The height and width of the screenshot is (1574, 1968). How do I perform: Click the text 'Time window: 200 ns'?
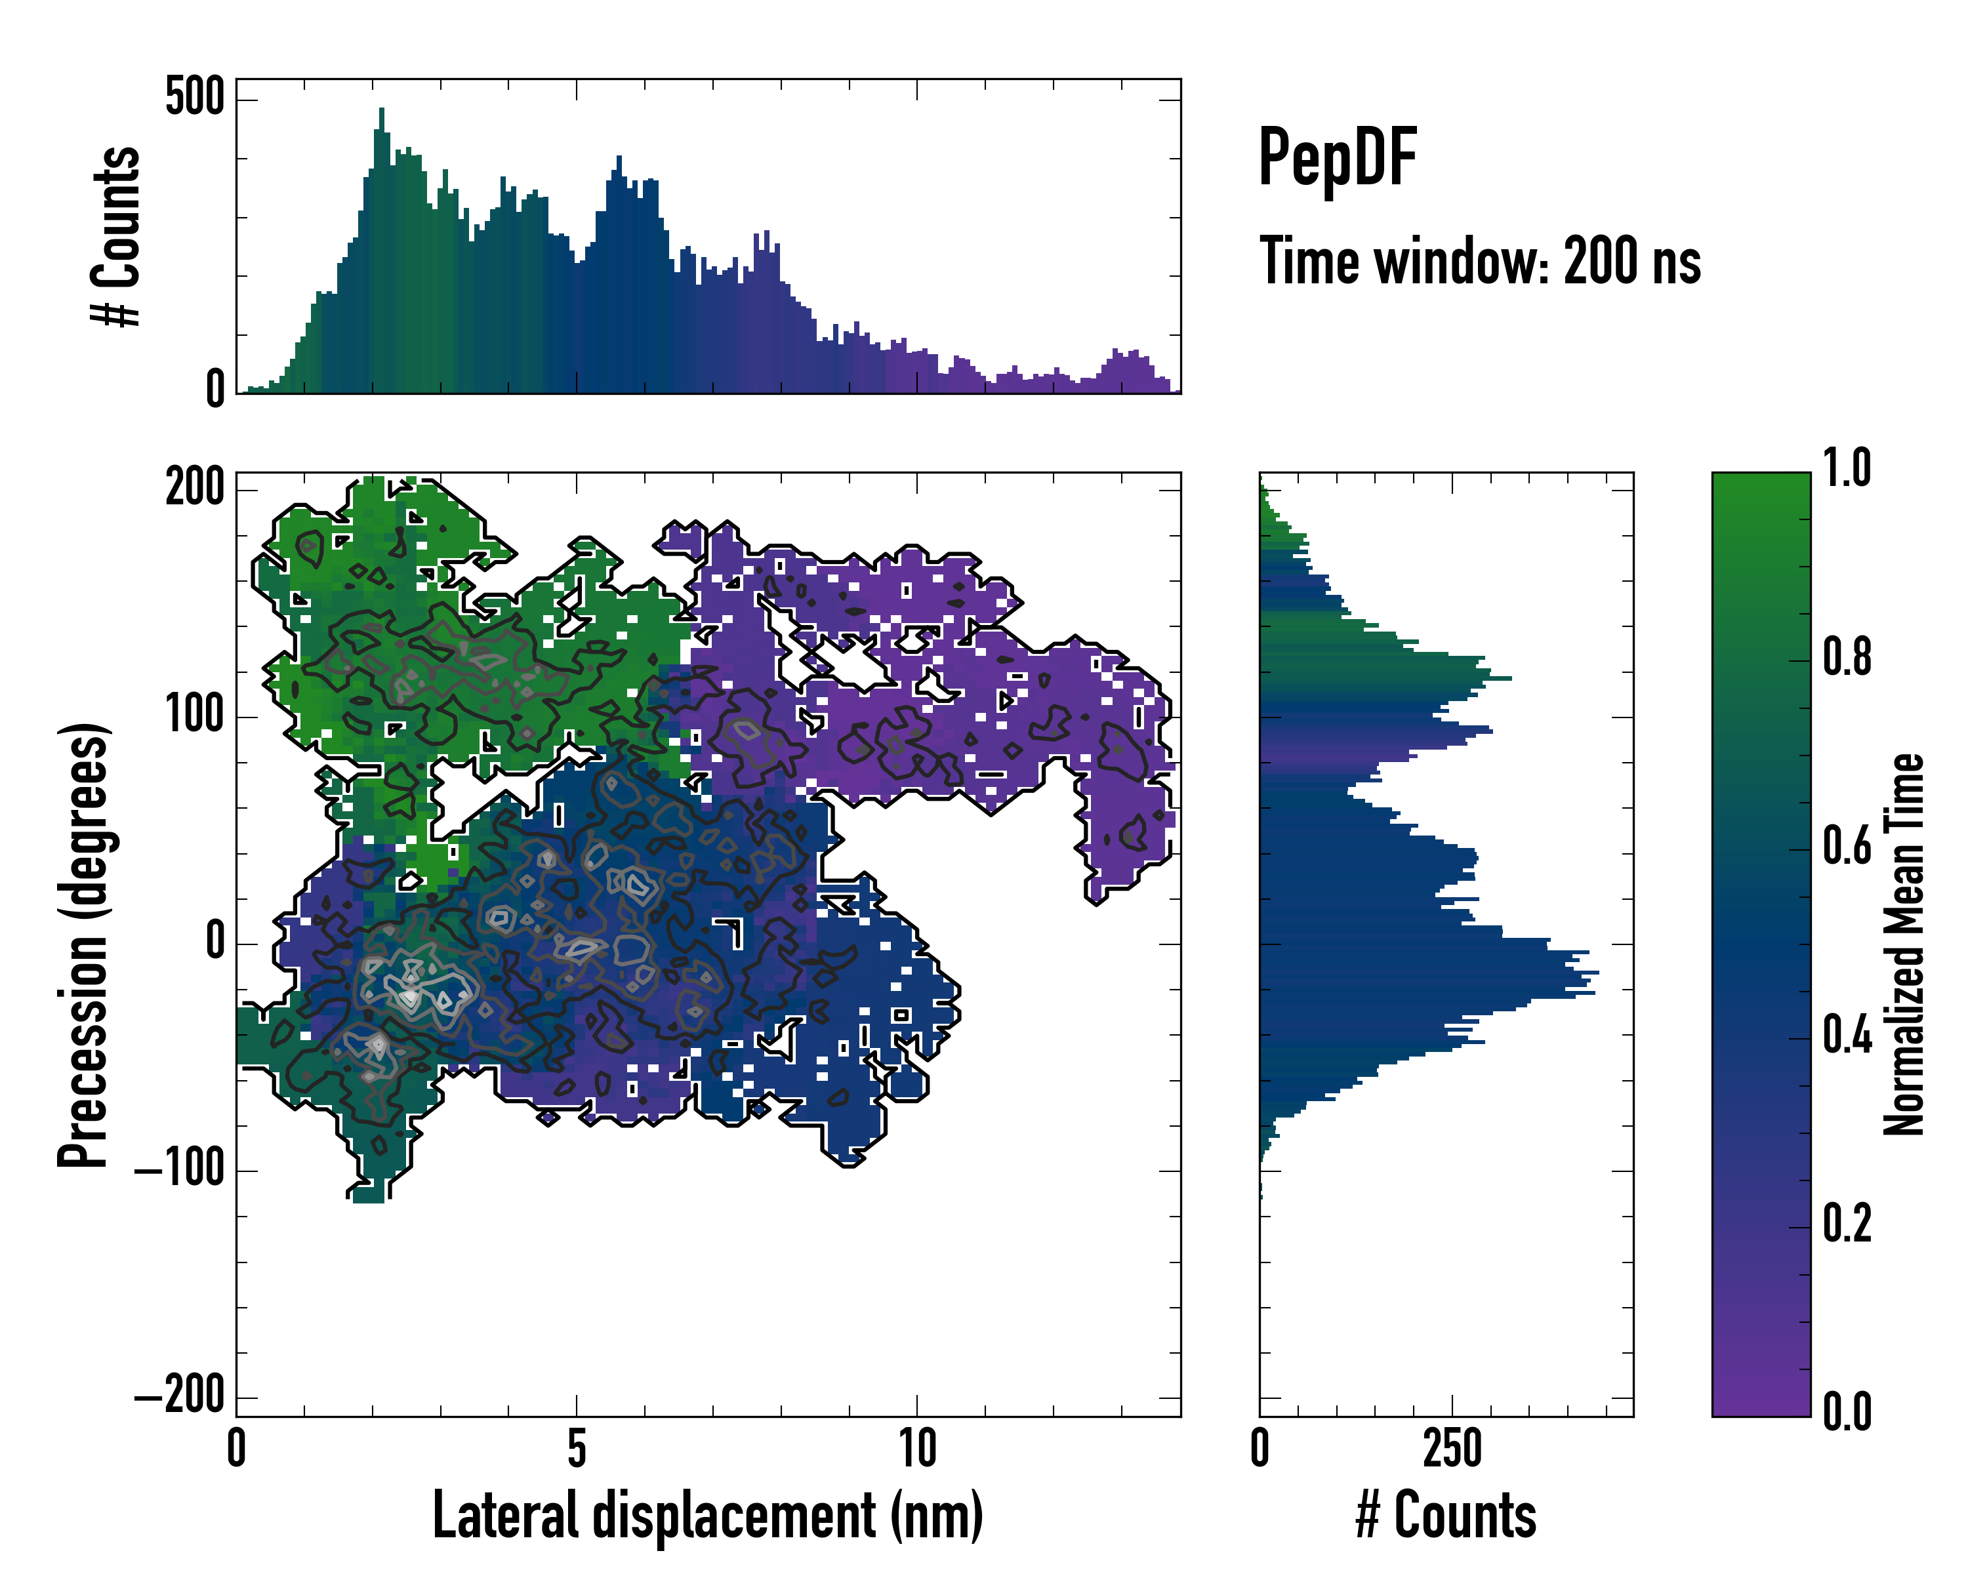(x=1480, y=262)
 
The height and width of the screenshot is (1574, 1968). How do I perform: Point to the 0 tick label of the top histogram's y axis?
(x=215, y=390)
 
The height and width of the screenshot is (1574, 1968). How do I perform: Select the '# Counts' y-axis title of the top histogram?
(x=117, y=236)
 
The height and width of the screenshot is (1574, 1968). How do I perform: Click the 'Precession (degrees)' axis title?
(x=84, y=944)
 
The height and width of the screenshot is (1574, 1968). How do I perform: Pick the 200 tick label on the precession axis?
(x=194, y=488)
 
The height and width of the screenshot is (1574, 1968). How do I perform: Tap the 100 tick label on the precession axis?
(x=194, y=716)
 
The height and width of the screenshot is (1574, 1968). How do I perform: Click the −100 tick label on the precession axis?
(x=180, y=1170)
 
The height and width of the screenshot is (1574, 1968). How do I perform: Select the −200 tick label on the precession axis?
(x=180, y=1396)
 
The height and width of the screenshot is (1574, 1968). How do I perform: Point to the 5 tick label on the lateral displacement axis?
(x=576, y=1449)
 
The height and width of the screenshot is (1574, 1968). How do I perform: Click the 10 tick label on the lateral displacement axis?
(x=916, y=1449)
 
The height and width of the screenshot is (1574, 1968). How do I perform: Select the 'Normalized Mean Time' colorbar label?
(x=1904, y=944)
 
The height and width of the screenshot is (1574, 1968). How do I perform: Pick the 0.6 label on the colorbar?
(x=1847, y=847)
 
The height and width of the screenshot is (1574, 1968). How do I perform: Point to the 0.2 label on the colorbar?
(x=1847, y=1224)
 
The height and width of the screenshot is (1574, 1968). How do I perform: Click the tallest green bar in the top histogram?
(x=382, y=251)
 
